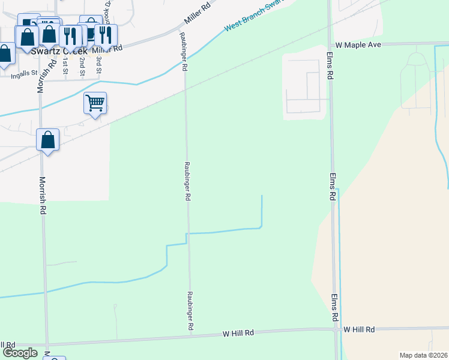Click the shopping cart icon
click(x=95, y=103)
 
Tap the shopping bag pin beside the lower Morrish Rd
click(x=48, y=140)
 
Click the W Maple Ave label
click(x=359, y=45)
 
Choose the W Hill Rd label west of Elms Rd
click(x=238, y=332)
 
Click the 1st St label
click(x=65, y=64)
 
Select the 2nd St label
click(x=82, y=64)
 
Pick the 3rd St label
click(x=99, y=63)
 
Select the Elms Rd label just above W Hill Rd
click(x=334, y=307)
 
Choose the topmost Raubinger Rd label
click(x=185, y=50)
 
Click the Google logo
click(x=19, y=353)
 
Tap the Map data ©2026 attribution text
click(x=423, y=355)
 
